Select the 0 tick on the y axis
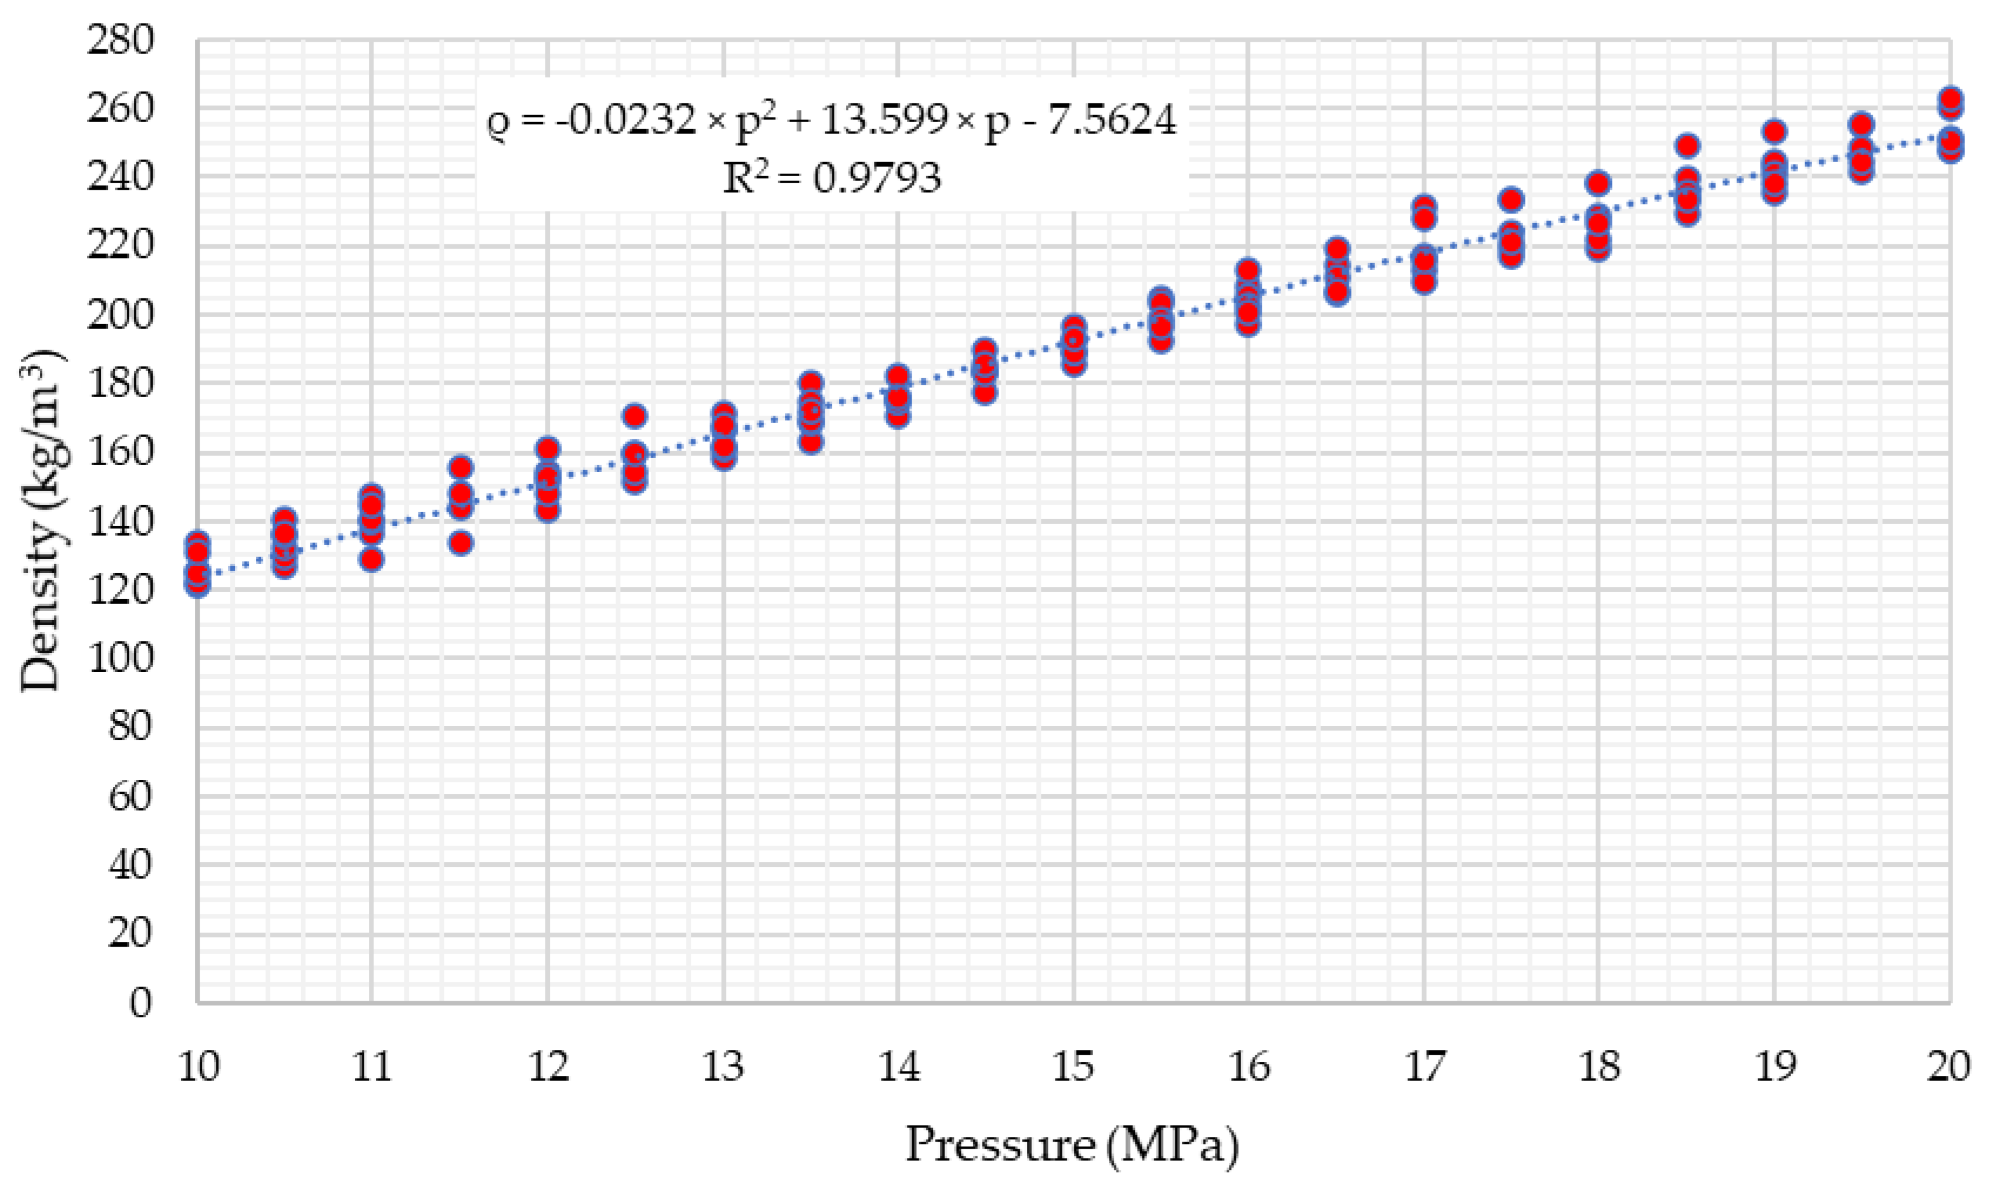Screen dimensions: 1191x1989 (x=140, y=1002)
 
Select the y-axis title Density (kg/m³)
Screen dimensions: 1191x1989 (x=42, y=522)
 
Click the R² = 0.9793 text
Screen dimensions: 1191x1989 (x=832, y=177)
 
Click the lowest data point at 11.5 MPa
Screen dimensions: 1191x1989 (x=460, y=543)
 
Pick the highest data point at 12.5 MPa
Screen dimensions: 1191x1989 (x=635, y=416)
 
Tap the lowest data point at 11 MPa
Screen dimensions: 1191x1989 (x=371, y=560)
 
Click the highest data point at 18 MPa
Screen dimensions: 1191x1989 (x=1599, y=183)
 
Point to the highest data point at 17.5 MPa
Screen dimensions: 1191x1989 (x=1511, y=199)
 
